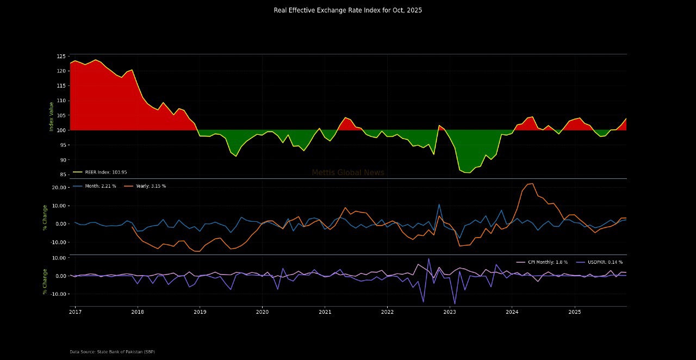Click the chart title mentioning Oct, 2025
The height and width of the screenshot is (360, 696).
(x=347, y=10)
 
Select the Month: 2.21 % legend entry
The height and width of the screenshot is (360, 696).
(x=98, y=186)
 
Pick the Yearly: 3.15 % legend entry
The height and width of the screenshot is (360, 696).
(x=151, y=186)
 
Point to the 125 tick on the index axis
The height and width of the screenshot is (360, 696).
(x=60, y=57)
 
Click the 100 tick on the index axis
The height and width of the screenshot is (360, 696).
(x=60, y=131)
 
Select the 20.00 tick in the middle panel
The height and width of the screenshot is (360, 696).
(x=59, y=188)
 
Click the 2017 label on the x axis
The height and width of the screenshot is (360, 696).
(x=75, y=312)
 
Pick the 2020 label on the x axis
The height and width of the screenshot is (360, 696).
(x=262, y=312)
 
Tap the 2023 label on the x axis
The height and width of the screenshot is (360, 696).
(x=450, y=312)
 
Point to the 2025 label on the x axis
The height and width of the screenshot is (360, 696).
(x=575, y=312)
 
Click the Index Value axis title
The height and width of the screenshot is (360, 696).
(x=52, y=116)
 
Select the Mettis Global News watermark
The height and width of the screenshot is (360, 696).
(x=348, y=172)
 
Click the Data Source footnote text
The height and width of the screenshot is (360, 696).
(x=112, y=352)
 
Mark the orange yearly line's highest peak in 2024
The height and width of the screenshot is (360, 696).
(x=532, y=183)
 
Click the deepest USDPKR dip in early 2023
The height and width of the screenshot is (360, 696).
(x=455, y=304)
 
